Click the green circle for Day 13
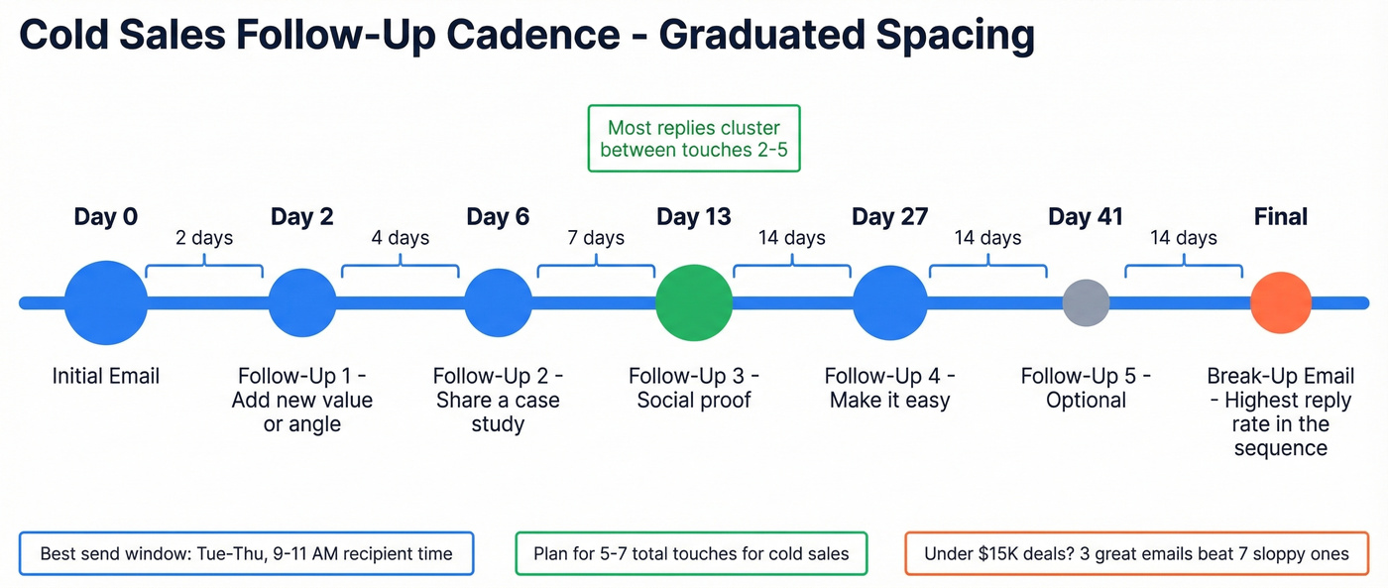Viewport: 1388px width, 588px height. pos(694,302)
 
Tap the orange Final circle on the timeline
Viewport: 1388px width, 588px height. pos(1280,302)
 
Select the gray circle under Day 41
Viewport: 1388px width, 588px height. pos(1086,302)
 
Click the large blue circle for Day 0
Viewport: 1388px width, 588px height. pos(105,302)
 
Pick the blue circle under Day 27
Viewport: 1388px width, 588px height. pos(889,302)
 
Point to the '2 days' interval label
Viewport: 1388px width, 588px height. pos(204,238)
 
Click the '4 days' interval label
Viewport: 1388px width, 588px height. pos(401,238)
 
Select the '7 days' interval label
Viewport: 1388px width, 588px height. pos(596,238)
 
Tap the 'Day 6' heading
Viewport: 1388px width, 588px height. pos(498,217)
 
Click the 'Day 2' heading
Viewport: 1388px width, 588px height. pos(301,217)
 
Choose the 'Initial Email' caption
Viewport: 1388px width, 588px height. pos(105,376)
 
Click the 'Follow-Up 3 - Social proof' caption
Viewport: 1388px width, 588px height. pos(694,388)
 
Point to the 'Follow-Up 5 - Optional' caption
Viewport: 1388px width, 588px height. pos(1086,388)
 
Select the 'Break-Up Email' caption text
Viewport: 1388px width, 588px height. pos(1280,376)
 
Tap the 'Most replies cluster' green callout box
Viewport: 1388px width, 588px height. pos(693,139)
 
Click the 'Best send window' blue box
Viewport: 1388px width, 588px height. pos(246,553)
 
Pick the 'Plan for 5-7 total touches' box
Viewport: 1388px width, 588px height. pos(691,553)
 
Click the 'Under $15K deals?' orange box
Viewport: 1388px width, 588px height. pos(1136,553)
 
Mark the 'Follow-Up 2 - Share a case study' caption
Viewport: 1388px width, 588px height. pos(498,400)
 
